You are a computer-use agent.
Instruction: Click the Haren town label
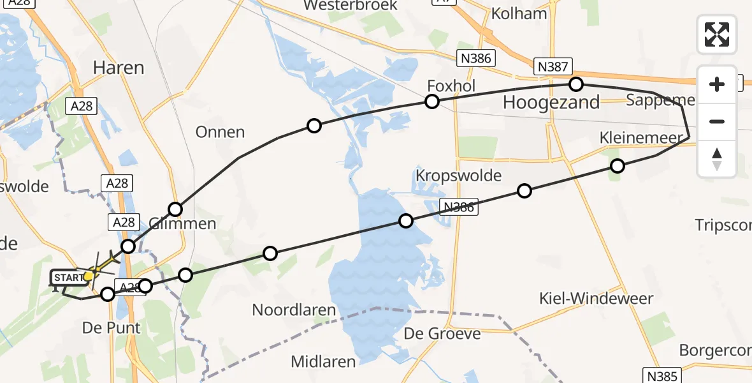pyautogui.click(x=119, y=67)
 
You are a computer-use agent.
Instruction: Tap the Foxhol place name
pyautogui.click(x=451, y=86)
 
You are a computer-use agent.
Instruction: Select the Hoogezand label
pyautogui.click(x=551, y=102)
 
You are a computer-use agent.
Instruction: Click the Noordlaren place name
pyautogui.click(x=294, y=310)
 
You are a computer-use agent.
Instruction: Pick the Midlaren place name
pyautogui.click(x=323, y=361)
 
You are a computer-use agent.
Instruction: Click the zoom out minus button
pyautogui.click(x=717, y=121)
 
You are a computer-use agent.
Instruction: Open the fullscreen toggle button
pyautogui.click(x=717, y=34)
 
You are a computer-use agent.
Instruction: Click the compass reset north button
pyautogui.click(x=717, y=159)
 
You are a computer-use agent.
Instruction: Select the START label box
pyautogui.click(x=67, y=278)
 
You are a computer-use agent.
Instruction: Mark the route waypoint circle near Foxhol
pyautogui.click(x=432, y=101)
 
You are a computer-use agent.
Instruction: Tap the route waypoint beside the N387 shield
pyautogui.click(x=576, y=84)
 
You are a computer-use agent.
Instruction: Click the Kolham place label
pyautogui.click(x=519, y=13)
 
